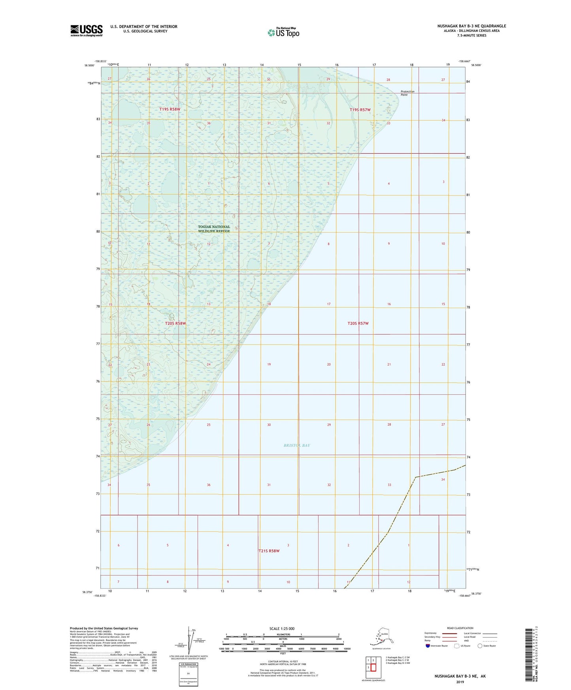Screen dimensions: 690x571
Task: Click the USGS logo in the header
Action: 86,30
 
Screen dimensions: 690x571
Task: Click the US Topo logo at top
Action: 283,32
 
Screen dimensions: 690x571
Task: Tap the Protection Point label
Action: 407,93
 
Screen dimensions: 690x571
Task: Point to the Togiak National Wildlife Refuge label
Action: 214,229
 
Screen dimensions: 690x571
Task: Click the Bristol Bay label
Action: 297,445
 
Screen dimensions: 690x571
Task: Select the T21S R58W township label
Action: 269,551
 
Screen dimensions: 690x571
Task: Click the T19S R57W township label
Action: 360,110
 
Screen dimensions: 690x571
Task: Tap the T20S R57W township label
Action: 358,323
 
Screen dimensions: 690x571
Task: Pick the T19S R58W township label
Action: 170,109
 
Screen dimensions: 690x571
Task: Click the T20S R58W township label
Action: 175,323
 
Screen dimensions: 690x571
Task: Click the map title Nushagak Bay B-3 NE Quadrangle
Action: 471,26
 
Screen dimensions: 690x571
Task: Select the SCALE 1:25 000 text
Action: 282,628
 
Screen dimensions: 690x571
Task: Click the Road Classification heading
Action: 460,628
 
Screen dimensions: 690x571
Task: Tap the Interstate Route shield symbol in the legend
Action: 428,646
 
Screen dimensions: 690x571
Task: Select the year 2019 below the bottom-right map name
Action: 460,682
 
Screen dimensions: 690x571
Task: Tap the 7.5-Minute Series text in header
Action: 471,36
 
